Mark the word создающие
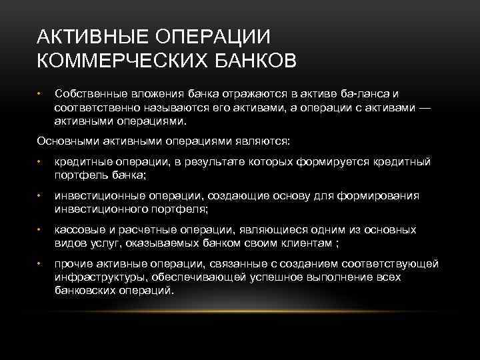235,195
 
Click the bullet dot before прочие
39,263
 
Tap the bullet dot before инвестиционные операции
39,195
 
